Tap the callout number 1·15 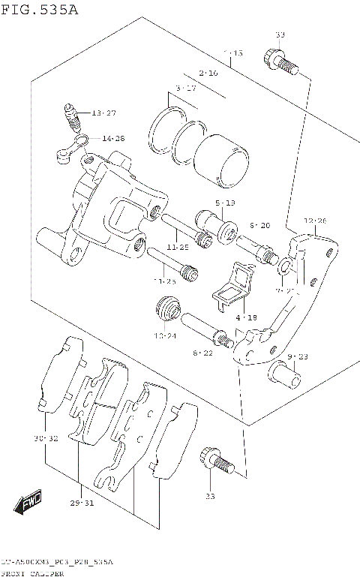233,54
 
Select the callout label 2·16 208,73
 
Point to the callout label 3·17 186,89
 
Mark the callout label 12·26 315,221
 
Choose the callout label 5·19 225,203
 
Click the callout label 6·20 259,225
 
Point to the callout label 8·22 202,352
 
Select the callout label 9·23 298,356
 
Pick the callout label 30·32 45,437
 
